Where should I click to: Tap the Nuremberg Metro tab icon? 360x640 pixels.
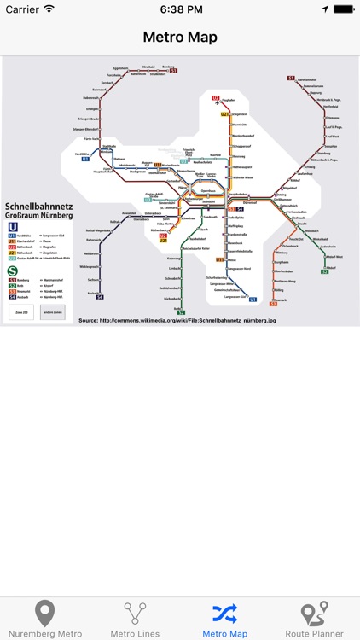tap(44, 614)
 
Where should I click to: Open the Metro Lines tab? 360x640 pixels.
tap(135, 614)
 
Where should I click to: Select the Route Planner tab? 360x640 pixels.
tap(315, 614)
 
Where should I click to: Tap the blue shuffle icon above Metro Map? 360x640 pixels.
tap(224, 613)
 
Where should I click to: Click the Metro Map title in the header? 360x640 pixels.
tap(180, 38)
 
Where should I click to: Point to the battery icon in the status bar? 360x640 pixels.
tap(342, 9)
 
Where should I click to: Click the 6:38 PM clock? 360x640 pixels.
tap(180, 9)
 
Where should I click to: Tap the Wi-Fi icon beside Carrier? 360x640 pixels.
tap(49, 9)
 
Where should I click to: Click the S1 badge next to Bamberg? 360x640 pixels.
tap(173, 70)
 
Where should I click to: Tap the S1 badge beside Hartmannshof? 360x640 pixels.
tap(291, 79)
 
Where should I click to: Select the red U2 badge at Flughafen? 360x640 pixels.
tap(216, 98)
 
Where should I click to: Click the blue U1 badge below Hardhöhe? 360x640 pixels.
tap(85, 159)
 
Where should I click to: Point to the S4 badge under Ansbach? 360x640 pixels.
tap(99, 297)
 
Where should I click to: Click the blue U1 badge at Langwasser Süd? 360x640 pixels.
tap(253, 300)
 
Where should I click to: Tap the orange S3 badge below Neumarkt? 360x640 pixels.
tap(274, 304)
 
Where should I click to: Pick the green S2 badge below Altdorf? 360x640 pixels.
tap(325, 272)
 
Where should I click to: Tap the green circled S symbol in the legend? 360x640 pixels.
tap(12, 272)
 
